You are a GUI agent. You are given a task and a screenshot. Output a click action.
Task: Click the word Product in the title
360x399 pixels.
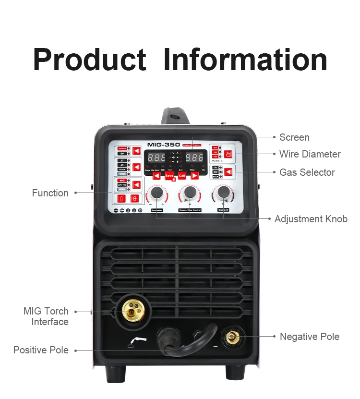click(90, 60)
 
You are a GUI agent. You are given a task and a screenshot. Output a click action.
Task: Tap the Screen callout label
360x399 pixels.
click(294, 137)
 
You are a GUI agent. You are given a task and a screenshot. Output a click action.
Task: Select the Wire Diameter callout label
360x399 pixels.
click(310, 154)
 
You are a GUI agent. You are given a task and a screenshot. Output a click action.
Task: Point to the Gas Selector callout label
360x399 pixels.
click(307, 172)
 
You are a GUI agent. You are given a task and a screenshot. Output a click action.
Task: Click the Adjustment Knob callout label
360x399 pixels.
click(311, 219)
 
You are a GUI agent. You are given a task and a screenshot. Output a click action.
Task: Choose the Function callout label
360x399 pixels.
click(50, 193)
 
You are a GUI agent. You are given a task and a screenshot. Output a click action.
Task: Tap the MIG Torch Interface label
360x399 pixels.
click(46, 316)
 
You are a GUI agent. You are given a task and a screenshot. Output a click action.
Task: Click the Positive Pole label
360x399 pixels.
click(41, 350)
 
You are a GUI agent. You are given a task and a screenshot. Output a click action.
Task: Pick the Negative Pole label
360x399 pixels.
click(309, 337)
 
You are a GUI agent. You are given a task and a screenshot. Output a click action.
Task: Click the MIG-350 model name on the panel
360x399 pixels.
click(164, 144)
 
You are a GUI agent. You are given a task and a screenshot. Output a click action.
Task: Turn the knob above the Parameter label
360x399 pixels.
click(156, 193)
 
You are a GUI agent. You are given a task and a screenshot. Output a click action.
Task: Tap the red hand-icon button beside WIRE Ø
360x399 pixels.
click(228, 154)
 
